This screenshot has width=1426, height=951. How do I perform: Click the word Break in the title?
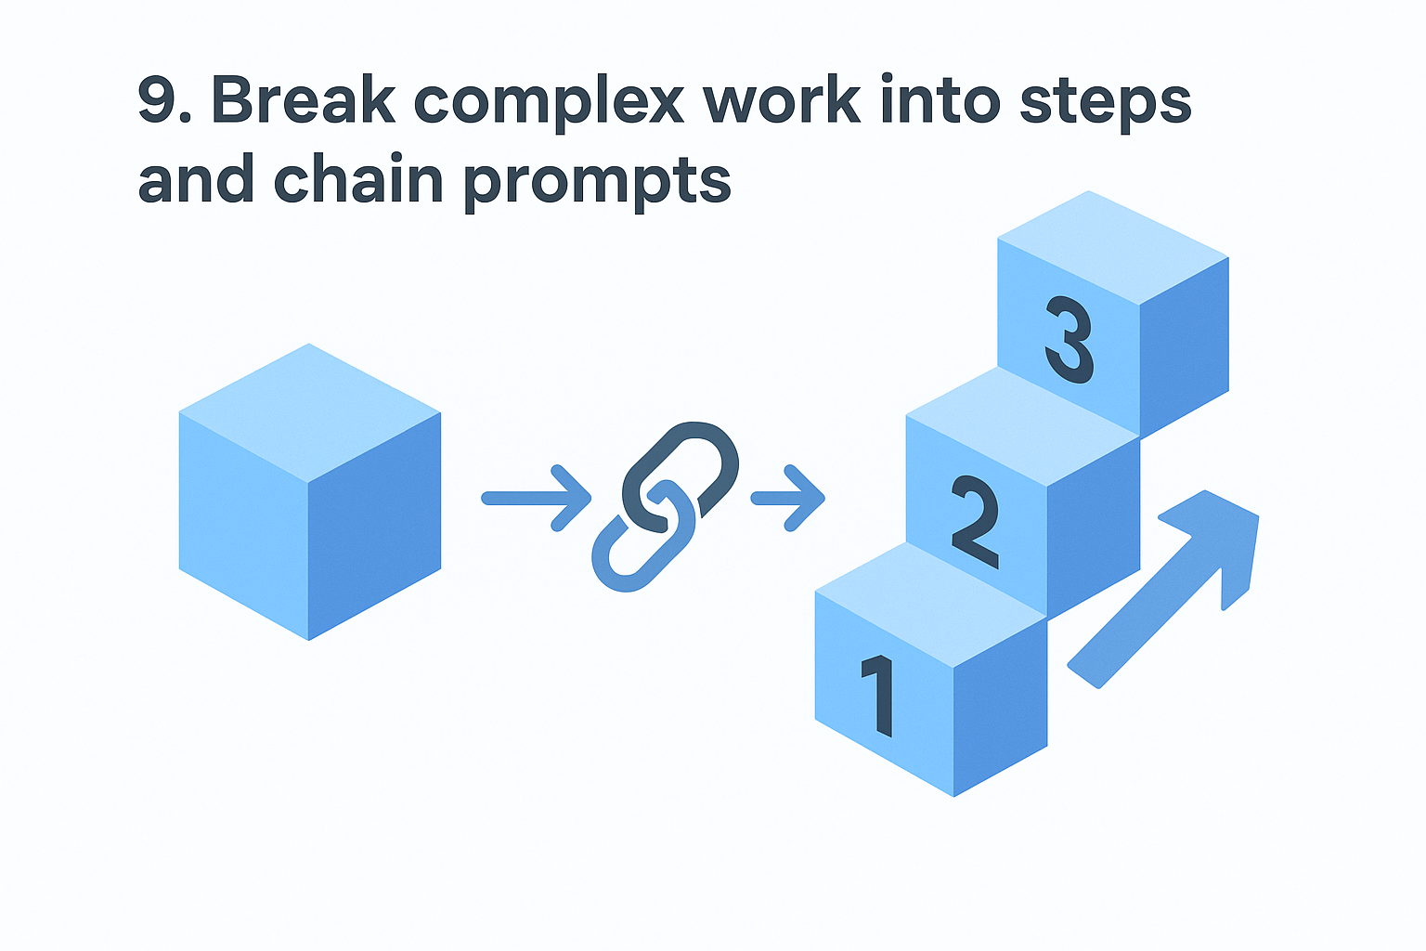pos(304,99)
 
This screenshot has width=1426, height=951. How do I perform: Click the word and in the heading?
pos(196,180)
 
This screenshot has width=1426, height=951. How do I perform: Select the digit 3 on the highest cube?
pos(1069,340)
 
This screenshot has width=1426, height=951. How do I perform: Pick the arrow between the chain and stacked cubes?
pos(788,499)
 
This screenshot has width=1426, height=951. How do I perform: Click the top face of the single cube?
pos(309,410)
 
